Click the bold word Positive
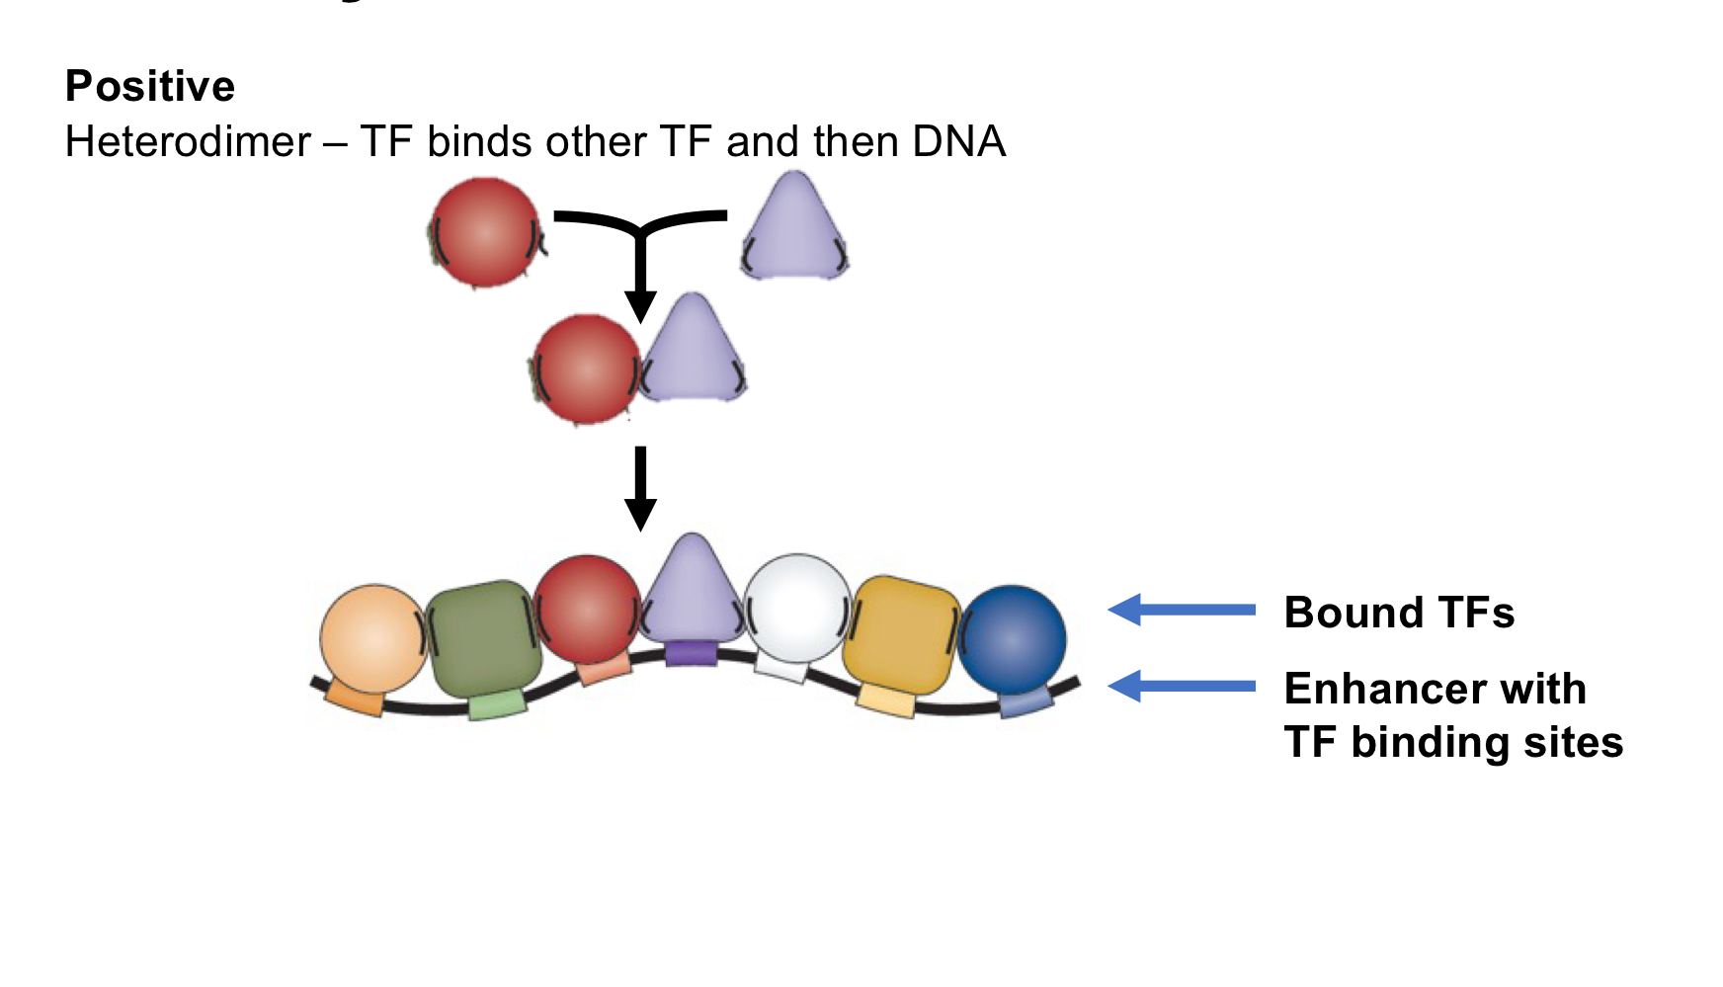coord(150,87)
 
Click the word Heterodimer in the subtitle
coord(188,142)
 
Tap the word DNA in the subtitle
coord(958,142)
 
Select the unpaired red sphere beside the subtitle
coord(485,232)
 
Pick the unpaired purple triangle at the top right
coord(794,229)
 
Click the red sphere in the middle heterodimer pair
coord(587,369)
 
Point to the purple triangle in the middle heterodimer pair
coord(694,352)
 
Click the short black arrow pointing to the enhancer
coord(640,488)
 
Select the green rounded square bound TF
coord(484,638)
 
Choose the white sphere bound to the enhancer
coord(796,607)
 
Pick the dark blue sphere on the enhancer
coord(1013,639)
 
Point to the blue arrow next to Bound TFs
coord(1182,610)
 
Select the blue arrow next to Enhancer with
coord(1182,686)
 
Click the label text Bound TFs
coord(1399,613)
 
